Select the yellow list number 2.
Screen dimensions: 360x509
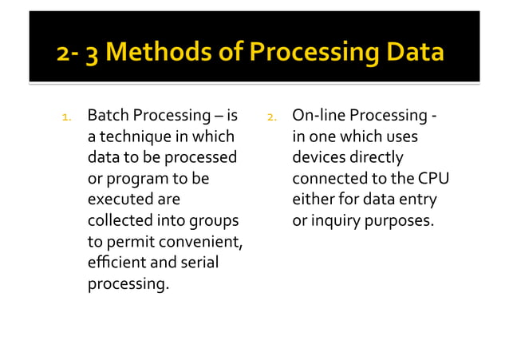(x=271, y=118)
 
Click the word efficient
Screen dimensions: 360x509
(x=115, y=262)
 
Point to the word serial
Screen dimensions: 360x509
(x=199, y=262)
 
